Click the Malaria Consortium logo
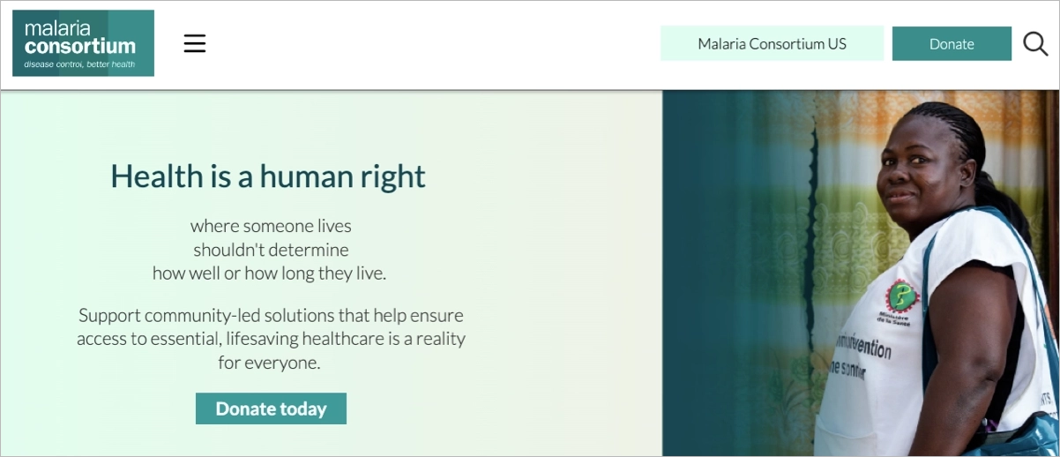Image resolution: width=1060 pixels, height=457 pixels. coord(83,43)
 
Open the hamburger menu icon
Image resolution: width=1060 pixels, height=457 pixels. coord(195,43)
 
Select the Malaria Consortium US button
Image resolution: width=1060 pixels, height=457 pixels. coord(772,44)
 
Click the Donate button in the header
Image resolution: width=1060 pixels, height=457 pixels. coord(952,44)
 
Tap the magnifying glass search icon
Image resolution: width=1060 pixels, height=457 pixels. coord(1035,43)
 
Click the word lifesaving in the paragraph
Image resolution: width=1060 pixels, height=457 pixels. coord(262,339)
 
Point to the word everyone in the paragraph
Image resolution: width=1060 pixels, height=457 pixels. coord(285,363)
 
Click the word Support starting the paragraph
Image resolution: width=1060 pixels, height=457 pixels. coord(108,315)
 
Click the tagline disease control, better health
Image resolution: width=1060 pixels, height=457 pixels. coord(79,64)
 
